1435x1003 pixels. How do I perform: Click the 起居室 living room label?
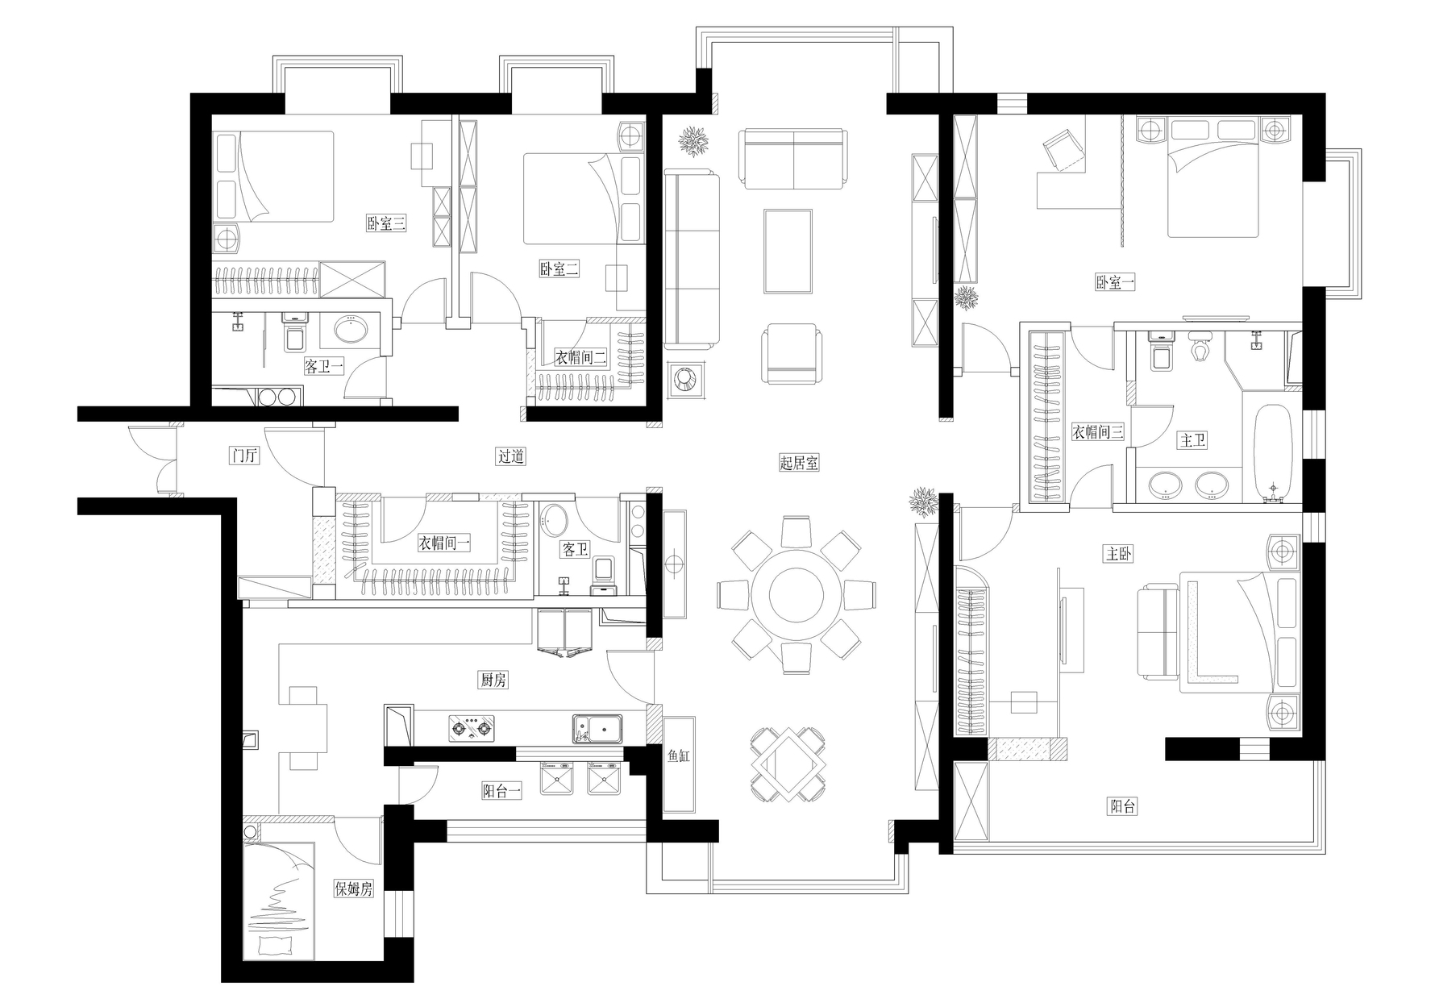point(799,463)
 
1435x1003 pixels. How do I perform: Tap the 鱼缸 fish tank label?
point(679,756)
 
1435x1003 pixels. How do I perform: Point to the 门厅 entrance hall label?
point(244,456)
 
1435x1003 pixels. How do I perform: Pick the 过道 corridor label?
point(511,456)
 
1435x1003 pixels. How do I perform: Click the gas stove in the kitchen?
point(472,729)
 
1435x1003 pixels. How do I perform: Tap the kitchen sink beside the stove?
point(597,729)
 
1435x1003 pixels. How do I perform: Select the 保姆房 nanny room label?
point(354,889)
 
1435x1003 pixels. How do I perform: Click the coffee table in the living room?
point(788,251)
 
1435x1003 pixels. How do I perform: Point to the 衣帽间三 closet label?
point(1097,432)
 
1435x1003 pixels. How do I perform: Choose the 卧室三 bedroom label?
point(386,223)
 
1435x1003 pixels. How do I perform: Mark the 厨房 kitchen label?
point(493,680)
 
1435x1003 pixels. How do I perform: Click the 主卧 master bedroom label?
point(1119,554)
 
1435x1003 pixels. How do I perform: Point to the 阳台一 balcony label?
point(501,792)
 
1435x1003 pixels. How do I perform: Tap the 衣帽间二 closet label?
point(580,357)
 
